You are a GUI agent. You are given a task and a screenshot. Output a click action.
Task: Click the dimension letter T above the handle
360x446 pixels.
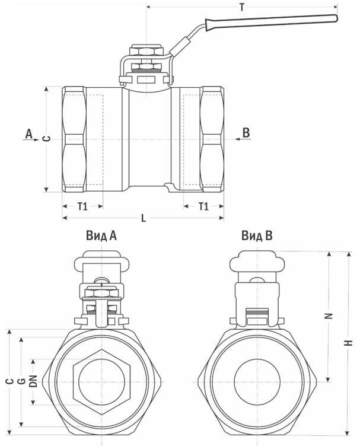(x=241, y=7)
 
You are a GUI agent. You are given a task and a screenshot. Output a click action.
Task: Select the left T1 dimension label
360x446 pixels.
(x=82, y=206)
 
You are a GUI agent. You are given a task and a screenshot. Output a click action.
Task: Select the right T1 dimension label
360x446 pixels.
(x=203, y=206)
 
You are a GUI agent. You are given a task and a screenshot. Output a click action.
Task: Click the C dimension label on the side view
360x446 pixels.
(x=47, y=138)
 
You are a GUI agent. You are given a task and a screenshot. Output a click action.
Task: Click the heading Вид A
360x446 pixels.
(x=101, y=236)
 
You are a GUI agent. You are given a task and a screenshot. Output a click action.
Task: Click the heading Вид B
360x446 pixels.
(x=257, y=236)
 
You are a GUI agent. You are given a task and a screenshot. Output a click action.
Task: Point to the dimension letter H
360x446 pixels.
(x=350, y=342)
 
